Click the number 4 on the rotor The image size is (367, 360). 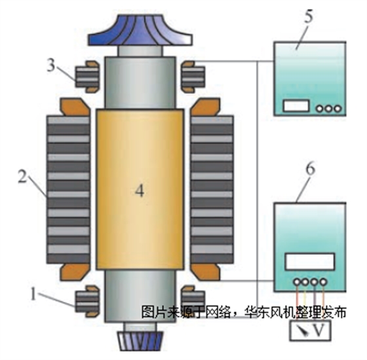pyautogui.click(x=138, y=191)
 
